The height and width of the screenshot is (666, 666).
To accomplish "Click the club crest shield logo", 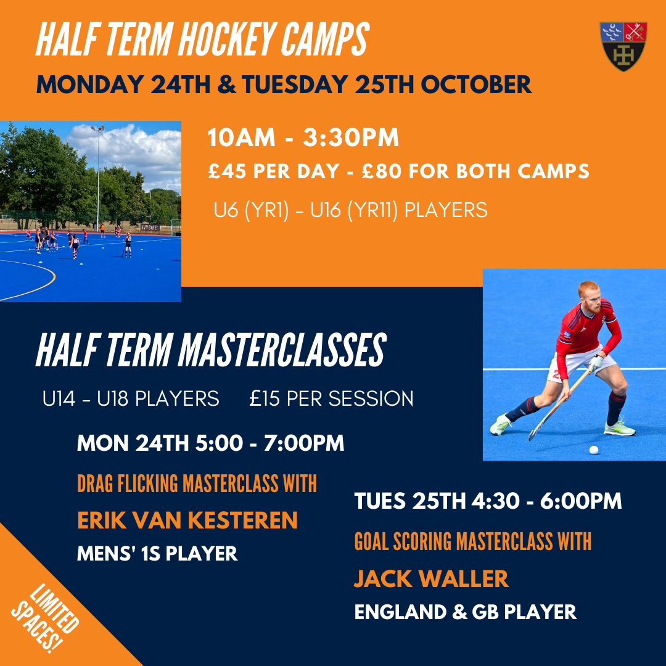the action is pyautogui.click(x=623, y=46).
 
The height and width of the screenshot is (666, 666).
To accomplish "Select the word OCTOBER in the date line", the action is pyautogui.click(x=475, y=84).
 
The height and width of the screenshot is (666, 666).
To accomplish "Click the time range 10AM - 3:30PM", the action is pyautogui.click(x=303, y=138).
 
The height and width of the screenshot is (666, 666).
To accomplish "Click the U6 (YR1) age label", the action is pyautogui.click(x=251, y=210).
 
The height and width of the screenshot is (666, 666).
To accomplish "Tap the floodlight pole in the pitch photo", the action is pyautogui.click(x=98, y=178).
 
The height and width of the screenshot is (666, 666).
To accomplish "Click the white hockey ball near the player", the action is pyautogui.click(x=594, y=450).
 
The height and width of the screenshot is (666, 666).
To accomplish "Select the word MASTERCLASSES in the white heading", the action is pyautogui.click(x=282, y=351).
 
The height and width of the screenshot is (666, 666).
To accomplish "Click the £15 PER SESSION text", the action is pyautogui.click(x=331, y=399).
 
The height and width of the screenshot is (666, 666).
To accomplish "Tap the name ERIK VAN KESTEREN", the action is pyautogui.click(x=187, y=520).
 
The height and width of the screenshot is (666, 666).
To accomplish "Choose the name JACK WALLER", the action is pyautogui.click(x=431, y=578).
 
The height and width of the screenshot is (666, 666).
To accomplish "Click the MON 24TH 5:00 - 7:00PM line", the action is pyautogui.click(x=210, y=443).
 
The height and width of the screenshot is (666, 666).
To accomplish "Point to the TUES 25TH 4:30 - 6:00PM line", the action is pyautogui.click(x=488, y=501).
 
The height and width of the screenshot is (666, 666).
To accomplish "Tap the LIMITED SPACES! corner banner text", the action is pyautogui.click(x=46, y=618).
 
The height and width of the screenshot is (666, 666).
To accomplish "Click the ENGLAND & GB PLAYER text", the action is pyautogui.click(x=466, y=612).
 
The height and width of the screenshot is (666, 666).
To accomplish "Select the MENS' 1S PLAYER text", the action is pyautogui.click(x=157, y=553).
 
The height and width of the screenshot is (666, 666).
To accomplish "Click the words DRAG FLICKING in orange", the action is pyautogui.click(x=128, y=483).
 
